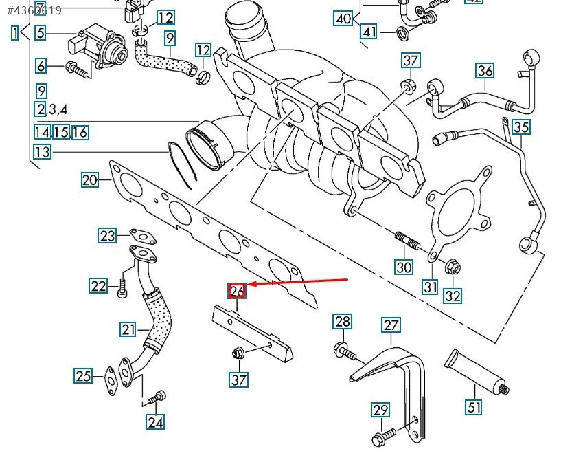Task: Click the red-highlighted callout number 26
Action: coord(237,292)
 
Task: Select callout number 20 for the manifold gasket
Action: coord(90,180)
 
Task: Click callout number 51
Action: coord(474,407)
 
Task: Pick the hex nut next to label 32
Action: coord(452,267)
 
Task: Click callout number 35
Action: coord(521,127)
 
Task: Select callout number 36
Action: coord(485,70)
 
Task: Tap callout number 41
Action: coord(369,32)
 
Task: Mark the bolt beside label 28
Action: coord(347,353)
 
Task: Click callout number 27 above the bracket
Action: coord(391,325)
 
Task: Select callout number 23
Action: coord(108,236)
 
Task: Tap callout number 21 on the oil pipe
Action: coord(129,330)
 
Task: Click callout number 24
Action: coord(156,421)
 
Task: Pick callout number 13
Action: coord(42,151)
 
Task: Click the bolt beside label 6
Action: coord(78,68)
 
